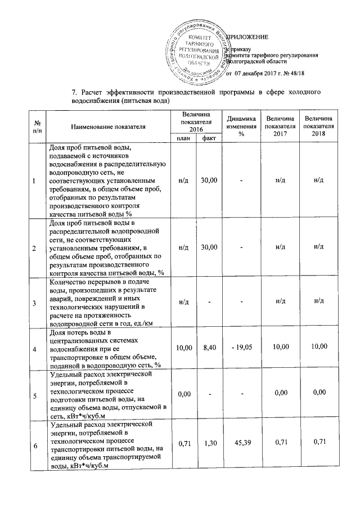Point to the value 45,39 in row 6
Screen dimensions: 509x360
[241, 445]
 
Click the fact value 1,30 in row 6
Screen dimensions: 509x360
[209, 445]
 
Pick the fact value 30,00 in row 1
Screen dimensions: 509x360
[209, 180]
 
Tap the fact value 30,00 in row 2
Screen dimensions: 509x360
[209, 247]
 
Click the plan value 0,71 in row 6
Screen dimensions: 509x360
[184, 445]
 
